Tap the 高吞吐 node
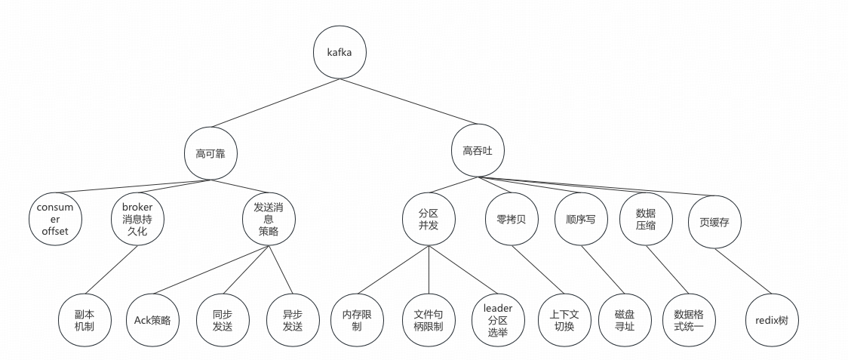tap(478, 152)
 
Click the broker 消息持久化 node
tap(137, 218)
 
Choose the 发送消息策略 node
tap(269, 218)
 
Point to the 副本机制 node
tap(84, 320)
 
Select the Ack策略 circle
tap(152, 320)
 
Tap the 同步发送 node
tap(223, 320)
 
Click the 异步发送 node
tap(292, 320)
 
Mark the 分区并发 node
tap(429, 218)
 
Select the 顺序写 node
tap(580, 218)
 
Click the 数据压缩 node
tap(647, 218)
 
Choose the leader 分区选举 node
tap(497, 320)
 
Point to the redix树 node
tap(772, 320)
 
